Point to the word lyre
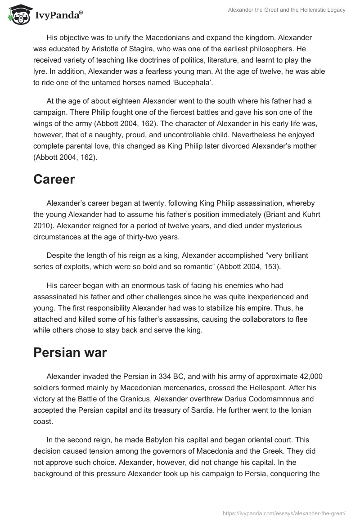point(40,72)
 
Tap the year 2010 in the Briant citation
point(41,214)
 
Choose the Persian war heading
point(70,352)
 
